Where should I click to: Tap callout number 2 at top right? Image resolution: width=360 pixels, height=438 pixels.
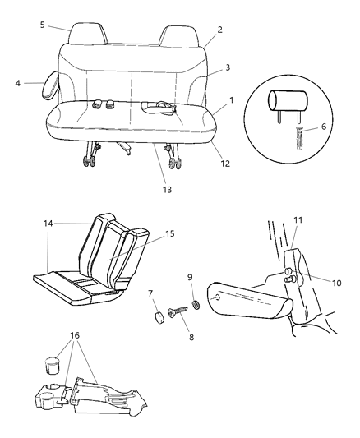click(219, 30)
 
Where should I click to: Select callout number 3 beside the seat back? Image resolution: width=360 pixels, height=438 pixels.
click(227, 69)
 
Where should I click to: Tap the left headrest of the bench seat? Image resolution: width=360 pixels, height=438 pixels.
click(86, 35)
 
